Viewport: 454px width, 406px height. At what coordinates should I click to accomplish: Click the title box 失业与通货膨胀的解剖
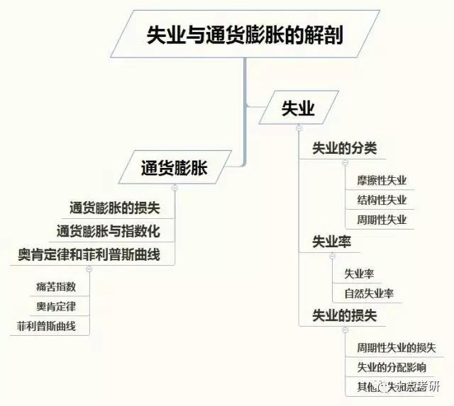[245, 35]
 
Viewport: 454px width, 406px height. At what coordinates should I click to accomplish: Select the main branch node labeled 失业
[298, 108]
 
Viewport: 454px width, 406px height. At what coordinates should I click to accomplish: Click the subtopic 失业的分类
[345, 149]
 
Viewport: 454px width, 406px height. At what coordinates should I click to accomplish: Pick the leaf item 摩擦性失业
[382, 181]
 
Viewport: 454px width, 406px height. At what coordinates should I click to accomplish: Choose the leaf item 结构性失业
[382, 200]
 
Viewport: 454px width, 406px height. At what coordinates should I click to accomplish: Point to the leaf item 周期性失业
[382, 220]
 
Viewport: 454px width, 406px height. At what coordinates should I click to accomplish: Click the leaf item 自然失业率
[369, 293]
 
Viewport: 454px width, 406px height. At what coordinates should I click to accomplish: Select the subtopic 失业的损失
[345, 315]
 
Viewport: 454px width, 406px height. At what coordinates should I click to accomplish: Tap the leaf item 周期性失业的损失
[396, 348]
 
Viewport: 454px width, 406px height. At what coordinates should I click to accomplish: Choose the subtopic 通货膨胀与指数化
[108, 231]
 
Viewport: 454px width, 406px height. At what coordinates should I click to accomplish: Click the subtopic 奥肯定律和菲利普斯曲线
[95, 254]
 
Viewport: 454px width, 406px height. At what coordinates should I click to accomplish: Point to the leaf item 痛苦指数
[55, 287]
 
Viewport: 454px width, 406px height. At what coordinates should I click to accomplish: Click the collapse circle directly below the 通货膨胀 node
[175, 188]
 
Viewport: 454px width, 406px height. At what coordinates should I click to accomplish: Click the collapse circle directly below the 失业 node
[299, 128]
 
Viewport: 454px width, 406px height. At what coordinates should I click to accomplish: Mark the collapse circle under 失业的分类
[345, 164]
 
